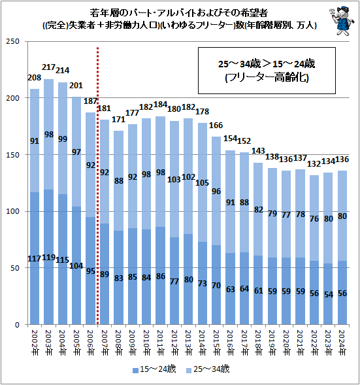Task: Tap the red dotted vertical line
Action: point(97,196)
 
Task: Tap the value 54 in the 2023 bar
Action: point(328,295)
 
